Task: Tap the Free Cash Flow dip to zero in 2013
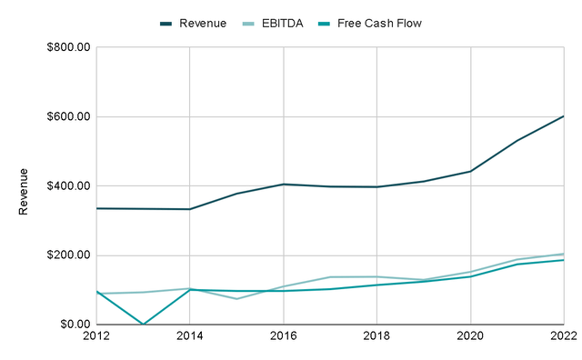coord(143,324)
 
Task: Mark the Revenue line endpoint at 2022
coord(563,116)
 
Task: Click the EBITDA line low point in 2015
coord(236,298)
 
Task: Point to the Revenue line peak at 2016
coord(283,185)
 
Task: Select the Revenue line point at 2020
coord(470,171)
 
